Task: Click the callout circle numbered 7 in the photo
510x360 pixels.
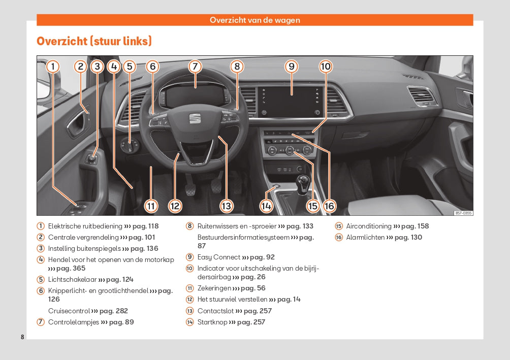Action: (x=195, y=67)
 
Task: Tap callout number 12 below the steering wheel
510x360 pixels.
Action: (x=175, y=206)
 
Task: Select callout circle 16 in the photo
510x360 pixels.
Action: (x=329, y=206)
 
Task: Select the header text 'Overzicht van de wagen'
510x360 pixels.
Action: (x=255, y=20)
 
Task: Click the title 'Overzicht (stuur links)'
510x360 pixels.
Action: (x=94, y=41)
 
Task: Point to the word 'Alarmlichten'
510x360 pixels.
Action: (x=365, y=237)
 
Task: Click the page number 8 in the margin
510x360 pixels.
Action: (x=22, y=337)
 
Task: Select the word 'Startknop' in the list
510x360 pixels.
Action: (x=212, y=322)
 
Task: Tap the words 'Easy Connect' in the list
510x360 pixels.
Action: (x=218, y=257)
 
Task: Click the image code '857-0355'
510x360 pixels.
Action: (x=463, y=213)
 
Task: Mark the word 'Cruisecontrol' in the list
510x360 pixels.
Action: (x=69, y=311)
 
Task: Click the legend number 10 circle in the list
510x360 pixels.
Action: (x=189, y=268)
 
